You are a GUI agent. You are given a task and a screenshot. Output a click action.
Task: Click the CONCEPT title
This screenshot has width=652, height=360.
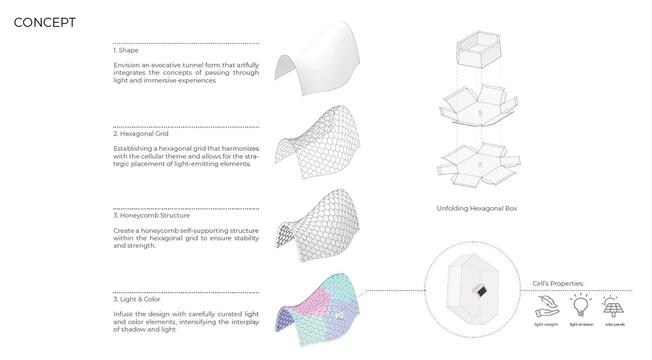click(x=45, y=23)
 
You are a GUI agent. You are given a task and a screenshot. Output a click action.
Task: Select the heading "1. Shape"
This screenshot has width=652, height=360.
click(x=126, y=50)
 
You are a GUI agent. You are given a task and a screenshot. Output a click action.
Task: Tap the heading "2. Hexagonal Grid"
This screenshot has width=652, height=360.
click(x=141, y=134)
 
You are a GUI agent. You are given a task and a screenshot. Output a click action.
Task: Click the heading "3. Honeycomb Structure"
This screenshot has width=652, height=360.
click(x=152, y=216)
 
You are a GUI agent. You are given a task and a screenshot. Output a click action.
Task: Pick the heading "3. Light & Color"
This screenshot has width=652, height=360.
click(x=137, y=299)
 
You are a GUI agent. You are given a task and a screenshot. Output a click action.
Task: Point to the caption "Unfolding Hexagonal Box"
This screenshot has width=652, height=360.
click(x=477, y=208)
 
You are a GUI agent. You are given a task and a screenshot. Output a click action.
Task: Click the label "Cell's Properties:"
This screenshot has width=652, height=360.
click(x=558, y=284)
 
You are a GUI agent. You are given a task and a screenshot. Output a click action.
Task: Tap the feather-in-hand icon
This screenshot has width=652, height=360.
click(x=547, y=306)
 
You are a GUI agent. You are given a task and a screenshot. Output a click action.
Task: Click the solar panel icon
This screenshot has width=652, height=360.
click(x=613, y=307)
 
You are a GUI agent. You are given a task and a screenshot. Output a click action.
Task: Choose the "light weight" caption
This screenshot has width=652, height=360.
click(x=546, y=324)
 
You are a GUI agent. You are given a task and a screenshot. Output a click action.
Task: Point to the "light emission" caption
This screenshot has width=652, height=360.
click(x=581, y=324)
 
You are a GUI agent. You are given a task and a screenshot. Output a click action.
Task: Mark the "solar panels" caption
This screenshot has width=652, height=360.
click(x=615, y=324)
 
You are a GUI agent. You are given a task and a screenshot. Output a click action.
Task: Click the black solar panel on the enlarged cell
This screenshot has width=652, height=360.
click(x=481, y=292)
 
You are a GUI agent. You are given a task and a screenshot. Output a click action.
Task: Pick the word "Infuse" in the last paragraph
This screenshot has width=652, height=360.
click(x=123, y=314)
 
